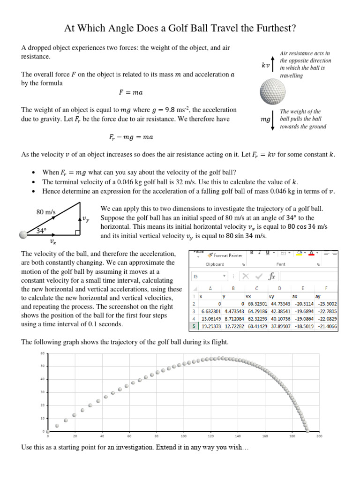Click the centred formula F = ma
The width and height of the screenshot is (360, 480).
point(130,92)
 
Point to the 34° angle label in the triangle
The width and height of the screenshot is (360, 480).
point(43,230)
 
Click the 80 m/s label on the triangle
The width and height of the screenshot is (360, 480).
point(46,212)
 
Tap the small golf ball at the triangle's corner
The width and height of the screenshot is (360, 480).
point(23,234)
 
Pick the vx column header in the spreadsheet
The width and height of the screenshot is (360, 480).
point(249,296)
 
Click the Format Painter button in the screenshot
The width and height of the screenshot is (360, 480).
point(228,255)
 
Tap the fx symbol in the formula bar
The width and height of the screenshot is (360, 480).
point(271,276)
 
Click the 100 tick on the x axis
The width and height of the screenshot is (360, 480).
point(183,436)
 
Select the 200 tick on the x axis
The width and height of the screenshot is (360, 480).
point(319,436)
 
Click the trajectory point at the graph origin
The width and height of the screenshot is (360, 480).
point(48,431)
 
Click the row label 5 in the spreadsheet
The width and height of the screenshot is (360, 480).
point(194,324)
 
